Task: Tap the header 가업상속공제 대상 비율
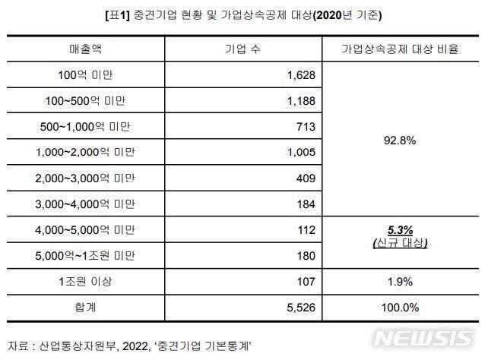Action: coord(400,49)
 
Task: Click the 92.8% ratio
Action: coord(400,140)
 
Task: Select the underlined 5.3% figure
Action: coord(400,230)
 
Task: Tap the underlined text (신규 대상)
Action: coord(400,243)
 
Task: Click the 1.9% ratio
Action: coord(400,281)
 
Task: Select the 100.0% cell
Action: coord(400,307)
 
